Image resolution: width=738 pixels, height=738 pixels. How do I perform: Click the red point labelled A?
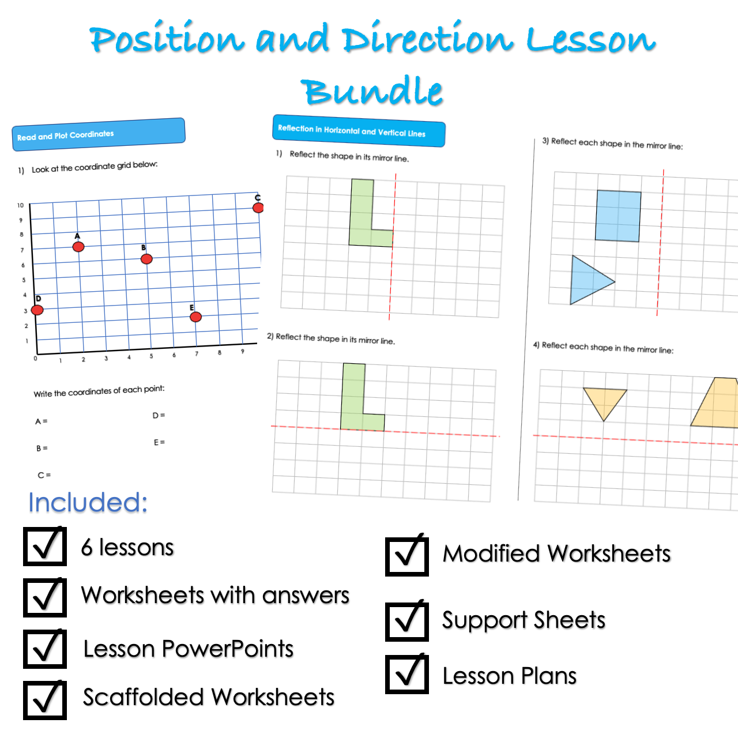tap(78, 247)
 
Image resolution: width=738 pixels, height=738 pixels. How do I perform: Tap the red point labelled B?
tap(146, 259)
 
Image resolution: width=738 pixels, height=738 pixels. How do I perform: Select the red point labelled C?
tap(258, 208)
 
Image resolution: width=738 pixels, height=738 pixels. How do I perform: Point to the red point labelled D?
tap(37, 310)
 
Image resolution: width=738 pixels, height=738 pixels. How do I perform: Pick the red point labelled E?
tap(195, 317)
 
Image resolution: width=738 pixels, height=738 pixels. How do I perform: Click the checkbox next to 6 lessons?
tap(45, 546)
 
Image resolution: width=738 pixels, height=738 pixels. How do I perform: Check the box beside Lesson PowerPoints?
tap(45, 649)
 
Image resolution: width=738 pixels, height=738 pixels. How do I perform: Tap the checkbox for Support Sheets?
tap(406, 621)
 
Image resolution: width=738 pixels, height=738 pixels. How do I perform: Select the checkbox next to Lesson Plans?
tap(406, 674)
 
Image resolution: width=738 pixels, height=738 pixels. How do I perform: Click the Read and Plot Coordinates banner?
tap(99, 135)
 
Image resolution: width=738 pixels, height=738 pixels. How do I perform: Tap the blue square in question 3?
tap(618, 216)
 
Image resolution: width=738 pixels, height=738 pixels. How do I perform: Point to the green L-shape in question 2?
tap(354, 404)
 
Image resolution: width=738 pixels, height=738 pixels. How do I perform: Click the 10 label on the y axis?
tap(21, 205)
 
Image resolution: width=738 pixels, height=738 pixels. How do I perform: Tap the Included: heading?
tap(88, 503)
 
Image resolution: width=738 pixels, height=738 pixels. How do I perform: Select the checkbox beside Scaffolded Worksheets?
tap(45, 700)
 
